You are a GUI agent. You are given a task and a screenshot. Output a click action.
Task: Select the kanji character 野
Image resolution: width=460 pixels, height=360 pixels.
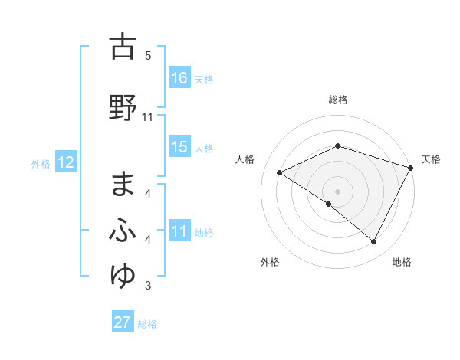[123, 106]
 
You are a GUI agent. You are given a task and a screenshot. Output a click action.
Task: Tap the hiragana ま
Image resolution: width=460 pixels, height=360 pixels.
[123, 185]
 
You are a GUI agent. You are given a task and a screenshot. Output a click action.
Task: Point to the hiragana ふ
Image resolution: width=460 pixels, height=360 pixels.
[123, 230]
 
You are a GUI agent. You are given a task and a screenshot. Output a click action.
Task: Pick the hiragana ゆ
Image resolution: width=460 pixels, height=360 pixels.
[123, 274]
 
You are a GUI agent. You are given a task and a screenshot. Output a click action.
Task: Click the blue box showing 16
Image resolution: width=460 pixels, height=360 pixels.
[179, 78]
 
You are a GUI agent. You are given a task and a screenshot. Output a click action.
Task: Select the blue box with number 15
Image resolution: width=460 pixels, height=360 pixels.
[179, 148]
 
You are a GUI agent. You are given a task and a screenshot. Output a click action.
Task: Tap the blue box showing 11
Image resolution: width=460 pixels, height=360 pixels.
[179, 232]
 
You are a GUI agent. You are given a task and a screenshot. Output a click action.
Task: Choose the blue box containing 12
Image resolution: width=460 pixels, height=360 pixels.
[65, 162]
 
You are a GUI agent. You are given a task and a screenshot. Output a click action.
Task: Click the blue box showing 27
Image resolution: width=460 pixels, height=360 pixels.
[123, 322]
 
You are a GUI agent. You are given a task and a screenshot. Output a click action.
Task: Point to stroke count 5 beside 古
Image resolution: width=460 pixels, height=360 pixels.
[148, 56]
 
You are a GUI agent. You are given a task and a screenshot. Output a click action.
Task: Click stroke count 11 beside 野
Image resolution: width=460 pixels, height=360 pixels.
[148, 117]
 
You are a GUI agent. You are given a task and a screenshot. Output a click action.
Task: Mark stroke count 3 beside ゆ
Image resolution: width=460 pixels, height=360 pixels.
[148, 286]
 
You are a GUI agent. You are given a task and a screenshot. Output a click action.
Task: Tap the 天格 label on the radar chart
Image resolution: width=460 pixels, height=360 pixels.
[432, 159]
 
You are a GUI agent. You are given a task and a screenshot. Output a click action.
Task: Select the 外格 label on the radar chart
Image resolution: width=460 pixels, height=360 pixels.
[270, 262]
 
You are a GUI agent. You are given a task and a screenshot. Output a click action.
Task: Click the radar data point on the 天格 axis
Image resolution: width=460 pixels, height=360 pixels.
[412, 167]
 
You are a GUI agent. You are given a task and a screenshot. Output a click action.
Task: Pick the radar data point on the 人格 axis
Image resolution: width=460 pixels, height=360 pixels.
[280, 173]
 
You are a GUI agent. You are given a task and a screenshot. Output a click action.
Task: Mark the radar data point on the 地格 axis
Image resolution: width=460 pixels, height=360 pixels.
[374, 242]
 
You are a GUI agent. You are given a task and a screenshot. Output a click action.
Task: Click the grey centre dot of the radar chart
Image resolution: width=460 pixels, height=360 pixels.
[337, 191]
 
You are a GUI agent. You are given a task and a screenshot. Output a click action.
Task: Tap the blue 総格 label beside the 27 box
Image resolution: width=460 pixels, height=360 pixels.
[148, 324]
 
